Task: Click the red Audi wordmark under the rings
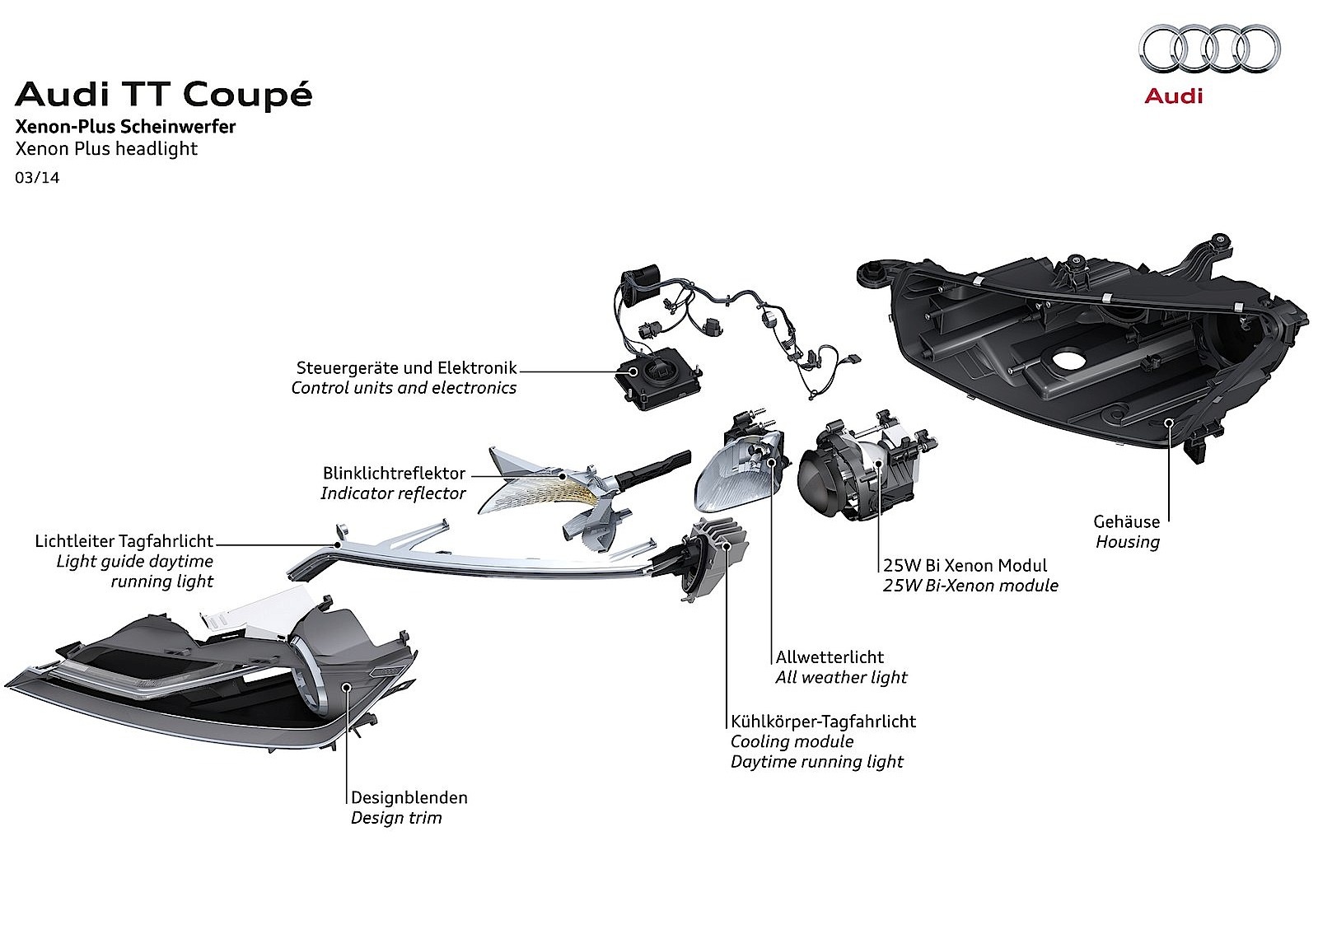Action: click(1173, 96)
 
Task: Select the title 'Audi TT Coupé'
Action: click(163, 95)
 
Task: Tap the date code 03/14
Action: click(37, 176)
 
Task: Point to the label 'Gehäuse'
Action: click(1126, 521)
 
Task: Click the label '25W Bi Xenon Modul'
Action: click(965, 565)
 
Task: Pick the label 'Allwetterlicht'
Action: click(830, 657)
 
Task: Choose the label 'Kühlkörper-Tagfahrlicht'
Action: click(823, 722)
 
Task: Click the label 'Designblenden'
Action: click(409, 797)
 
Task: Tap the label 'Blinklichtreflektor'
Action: click(394, 474)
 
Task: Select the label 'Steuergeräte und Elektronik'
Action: click(406, 367)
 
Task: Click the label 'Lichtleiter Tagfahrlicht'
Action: click(124, 541)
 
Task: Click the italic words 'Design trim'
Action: click(396, 818)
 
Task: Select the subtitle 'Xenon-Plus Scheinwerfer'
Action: click(125, 127)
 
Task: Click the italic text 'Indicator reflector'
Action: click(393, 493)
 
